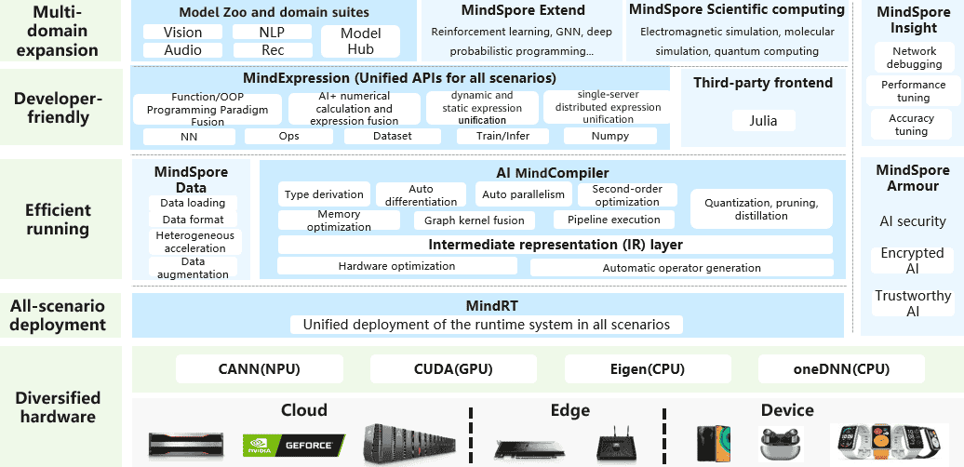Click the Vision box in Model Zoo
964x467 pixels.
click(x=182, y=32)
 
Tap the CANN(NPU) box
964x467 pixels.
click(x=259, y=369)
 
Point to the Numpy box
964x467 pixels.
click(x=609, y=136)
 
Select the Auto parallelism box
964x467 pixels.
click(x=522, y=194)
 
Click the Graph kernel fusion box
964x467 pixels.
click(x=474, y=220)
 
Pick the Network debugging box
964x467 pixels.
click(x=913, y=58)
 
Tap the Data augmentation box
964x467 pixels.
click(x=193, y=268)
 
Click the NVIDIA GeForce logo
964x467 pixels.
click(x=293, y=446)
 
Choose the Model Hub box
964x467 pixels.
click(x=360, y=42)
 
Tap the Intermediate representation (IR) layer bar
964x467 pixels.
click(x=555, y=245)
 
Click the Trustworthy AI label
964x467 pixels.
click(x=913, y=303)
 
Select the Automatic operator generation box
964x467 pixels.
click(x=681, y=268)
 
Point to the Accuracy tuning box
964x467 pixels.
click(x=913, y=125)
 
